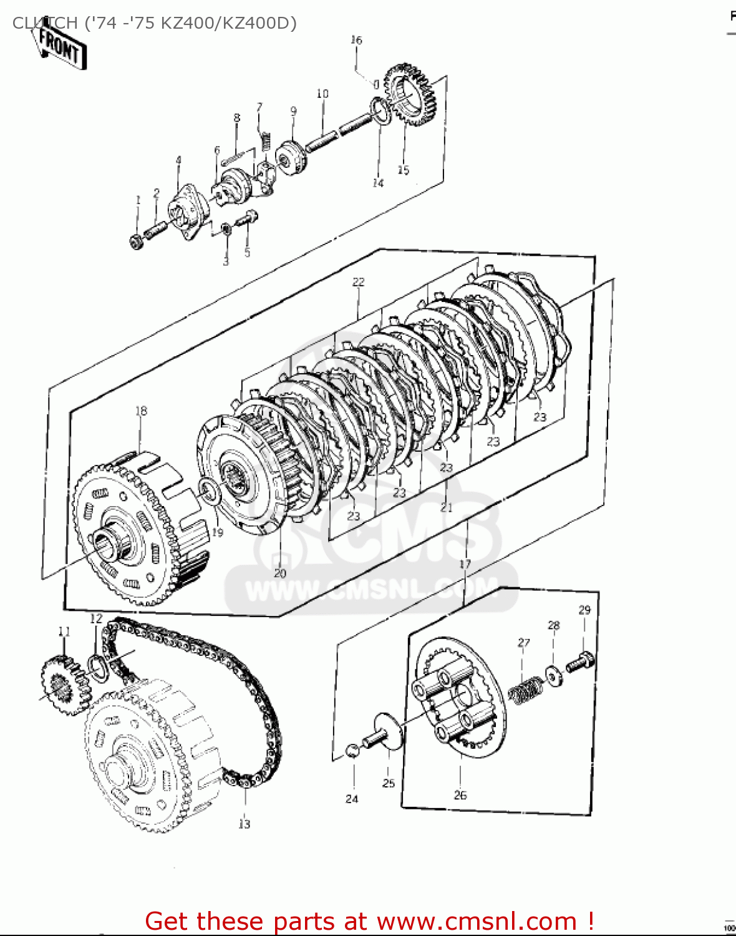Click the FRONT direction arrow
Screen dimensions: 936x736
[60, 46]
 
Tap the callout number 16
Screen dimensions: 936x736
[356, 40]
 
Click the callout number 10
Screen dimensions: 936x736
[322, 94]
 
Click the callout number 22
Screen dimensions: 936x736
[358, 282]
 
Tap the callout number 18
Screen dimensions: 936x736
[142, 411]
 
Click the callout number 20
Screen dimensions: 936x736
[280, 573]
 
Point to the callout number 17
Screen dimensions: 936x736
[465, 564]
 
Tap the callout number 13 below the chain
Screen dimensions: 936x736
[244, 824]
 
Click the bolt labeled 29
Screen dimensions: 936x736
[581, 662]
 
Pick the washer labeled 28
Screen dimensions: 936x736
[553, 676]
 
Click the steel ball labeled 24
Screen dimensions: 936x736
[352, 750]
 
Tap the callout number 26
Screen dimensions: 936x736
[460, 795]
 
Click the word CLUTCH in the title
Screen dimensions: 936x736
[43, 23]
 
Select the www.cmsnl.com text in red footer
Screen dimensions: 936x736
[477, 921]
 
